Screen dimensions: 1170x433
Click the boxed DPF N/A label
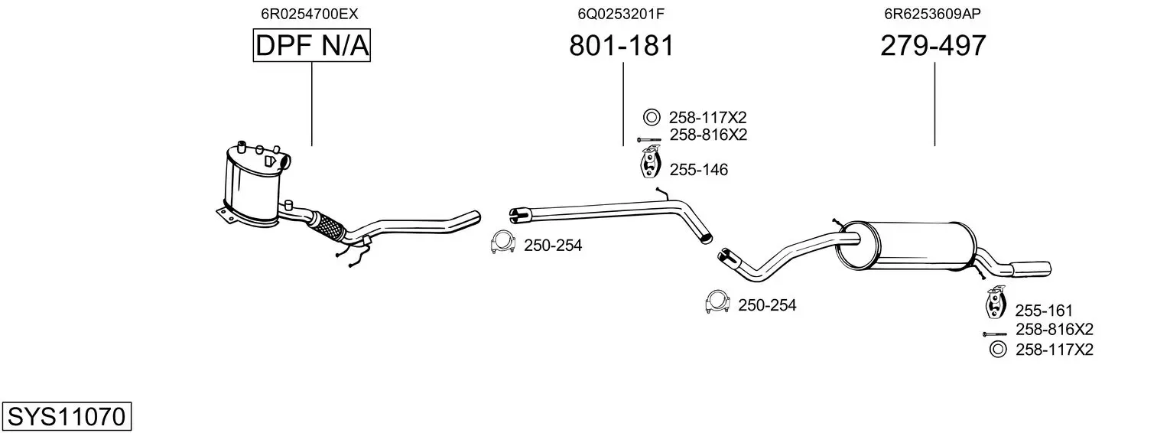click(312, 45)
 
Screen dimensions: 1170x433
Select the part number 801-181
click(622, 45)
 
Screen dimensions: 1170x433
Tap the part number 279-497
click(933, 45)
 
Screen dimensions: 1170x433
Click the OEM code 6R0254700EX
click(310, 14)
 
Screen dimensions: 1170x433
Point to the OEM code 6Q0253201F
click(621, 14)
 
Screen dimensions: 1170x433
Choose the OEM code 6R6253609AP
click(932, 14)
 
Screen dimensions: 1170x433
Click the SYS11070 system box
click(67, 416)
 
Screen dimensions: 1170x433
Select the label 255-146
click(698, 170)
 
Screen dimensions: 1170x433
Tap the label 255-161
click(1044, 311)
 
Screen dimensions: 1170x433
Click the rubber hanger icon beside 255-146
click(651, 163)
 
